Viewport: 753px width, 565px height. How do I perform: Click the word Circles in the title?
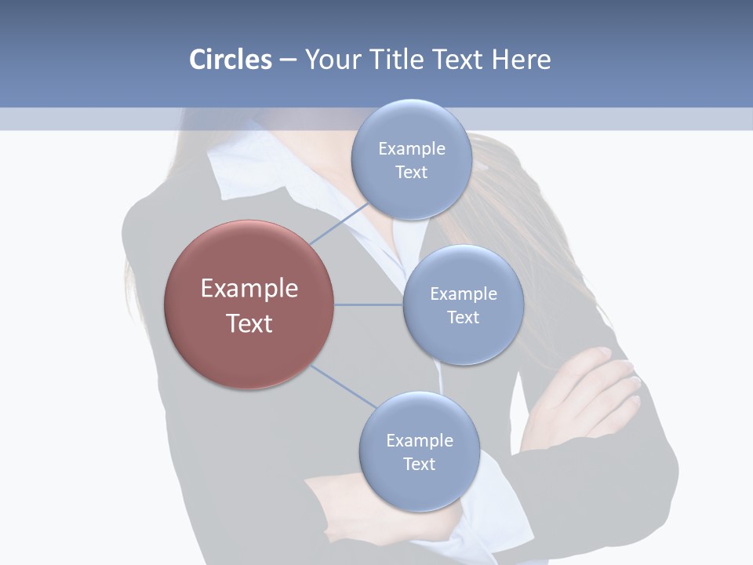(x=231, y=60)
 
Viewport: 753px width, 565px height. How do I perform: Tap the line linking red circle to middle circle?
(x=368, y=304)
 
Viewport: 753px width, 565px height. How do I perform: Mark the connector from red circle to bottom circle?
(x=343, y=385)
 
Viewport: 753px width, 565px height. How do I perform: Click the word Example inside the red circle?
(x=249, y=289)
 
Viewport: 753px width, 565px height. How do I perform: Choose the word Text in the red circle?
(x=249, y=323)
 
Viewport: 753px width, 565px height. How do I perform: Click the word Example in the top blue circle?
(x=411, y=149)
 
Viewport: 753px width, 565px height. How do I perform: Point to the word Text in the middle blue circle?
(x=463, y=318)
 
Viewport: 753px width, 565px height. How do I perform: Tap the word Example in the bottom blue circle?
(x=419, y=441)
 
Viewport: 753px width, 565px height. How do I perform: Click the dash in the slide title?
(x=287, y=60)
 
